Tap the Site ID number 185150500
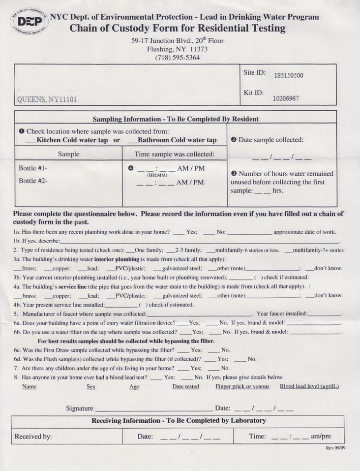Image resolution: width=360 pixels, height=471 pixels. coord(288,76)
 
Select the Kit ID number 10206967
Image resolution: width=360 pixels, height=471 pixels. coord(286,98)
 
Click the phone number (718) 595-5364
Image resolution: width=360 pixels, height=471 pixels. coord(177,58)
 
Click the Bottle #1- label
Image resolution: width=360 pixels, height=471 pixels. coord(33,168)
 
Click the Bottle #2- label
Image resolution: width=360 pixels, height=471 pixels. coord(33,181)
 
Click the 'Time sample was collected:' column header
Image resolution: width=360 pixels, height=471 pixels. coord(175,154)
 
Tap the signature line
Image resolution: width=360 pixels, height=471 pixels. coord(153,409)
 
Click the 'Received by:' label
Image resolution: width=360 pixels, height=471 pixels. coord(33,436)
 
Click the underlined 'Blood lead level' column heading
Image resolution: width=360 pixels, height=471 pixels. coord(309,386)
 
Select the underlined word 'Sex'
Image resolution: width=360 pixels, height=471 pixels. coord(91,387)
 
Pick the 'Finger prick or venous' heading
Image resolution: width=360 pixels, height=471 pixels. coord(242,386)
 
